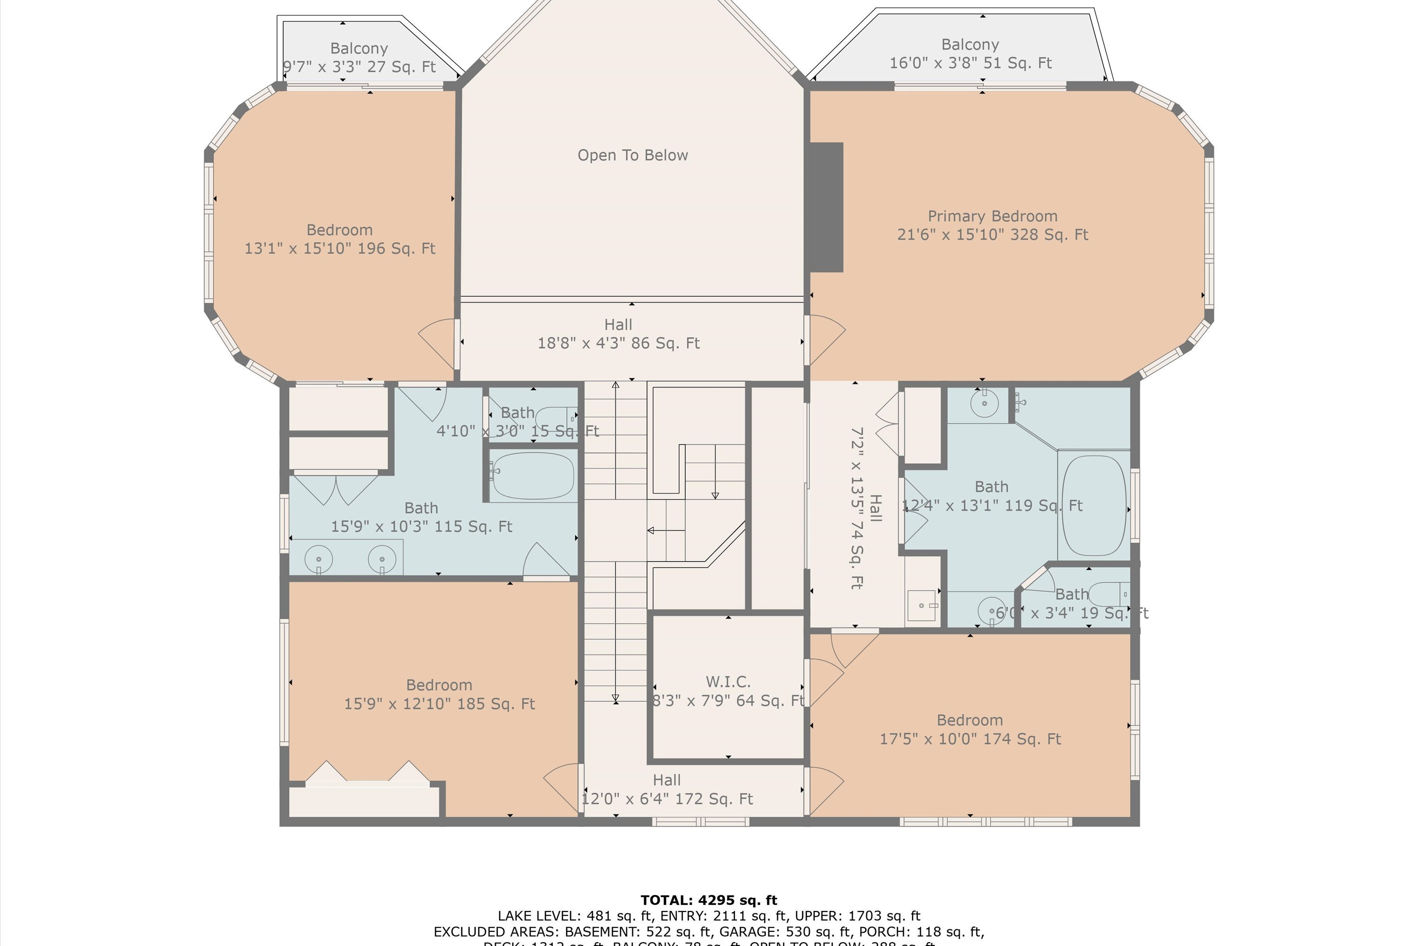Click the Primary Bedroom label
[x=992, y=217]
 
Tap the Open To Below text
[x=632, y=156]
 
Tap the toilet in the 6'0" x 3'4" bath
[x=1108, y=594]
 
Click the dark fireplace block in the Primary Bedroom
[x=826, y=207]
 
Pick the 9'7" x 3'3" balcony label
[x=359, y=57]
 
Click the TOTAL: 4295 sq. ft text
[x=709, y=900]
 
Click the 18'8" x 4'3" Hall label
[x=619, y=333]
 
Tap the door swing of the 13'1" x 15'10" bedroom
[x=438, y=342]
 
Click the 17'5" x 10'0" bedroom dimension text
[x=970, y=739]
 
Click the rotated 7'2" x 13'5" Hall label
[x=866, y=508]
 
